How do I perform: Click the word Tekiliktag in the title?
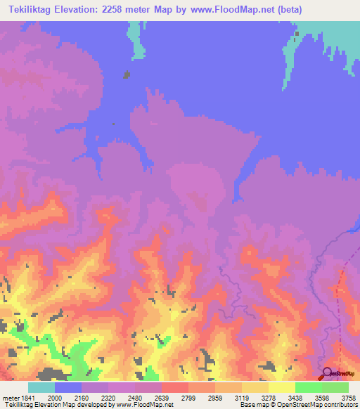(32, 9)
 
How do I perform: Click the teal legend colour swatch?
(41, 387)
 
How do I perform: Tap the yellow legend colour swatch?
(282, 387)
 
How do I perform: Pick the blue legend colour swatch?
(68, 387)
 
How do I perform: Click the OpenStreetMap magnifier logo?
(327, 373)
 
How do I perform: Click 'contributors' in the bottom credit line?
(340, 405)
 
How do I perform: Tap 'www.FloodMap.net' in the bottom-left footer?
(146, 405)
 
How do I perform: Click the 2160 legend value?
(89, 398)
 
